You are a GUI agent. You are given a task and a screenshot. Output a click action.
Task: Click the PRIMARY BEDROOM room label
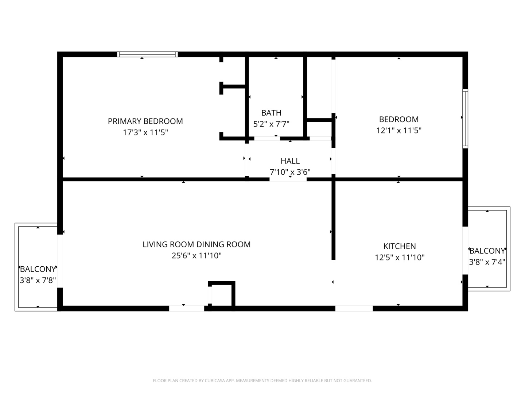tap(145, 121)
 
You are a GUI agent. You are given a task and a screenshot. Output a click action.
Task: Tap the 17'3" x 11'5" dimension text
tap(145, 132)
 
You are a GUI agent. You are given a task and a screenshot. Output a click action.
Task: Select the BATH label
tap(271, 113)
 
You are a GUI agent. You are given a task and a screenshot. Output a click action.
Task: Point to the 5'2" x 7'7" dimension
tap(271, 124)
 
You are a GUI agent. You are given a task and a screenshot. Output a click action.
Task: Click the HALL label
tap(290, 161)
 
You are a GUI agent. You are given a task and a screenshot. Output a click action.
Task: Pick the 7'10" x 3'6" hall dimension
tap(290, 172)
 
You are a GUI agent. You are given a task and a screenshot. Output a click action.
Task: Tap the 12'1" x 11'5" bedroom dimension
tap(399, 131)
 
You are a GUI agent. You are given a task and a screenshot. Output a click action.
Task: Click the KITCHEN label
tap(400, 246)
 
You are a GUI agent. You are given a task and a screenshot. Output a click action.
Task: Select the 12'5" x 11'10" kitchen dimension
tap(400, 258)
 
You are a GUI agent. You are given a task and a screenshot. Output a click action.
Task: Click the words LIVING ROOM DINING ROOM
tap(197, 244)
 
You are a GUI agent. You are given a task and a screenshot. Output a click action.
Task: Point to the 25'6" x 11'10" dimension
tap(197, 256)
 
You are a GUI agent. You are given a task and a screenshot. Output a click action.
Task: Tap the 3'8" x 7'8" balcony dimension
tap(38, 281)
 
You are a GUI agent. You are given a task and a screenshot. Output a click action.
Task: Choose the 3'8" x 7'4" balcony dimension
tap(487, 262)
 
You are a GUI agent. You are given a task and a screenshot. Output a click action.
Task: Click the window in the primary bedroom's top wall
tap(147, 54)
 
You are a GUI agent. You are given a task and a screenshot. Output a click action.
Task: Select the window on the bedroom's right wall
tap(465, 119)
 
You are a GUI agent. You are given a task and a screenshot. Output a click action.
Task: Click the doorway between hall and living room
tap(288, 179)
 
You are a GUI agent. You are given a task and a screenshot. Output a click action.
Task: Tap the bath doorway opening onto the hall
tap(267, 138)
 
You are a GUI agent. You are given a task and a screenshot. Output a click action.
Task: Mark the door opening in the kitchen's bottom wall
tap(354, 308)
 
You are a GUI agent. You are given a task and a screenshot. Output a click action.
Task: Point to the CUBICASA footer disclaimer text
tap(262, 381)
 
